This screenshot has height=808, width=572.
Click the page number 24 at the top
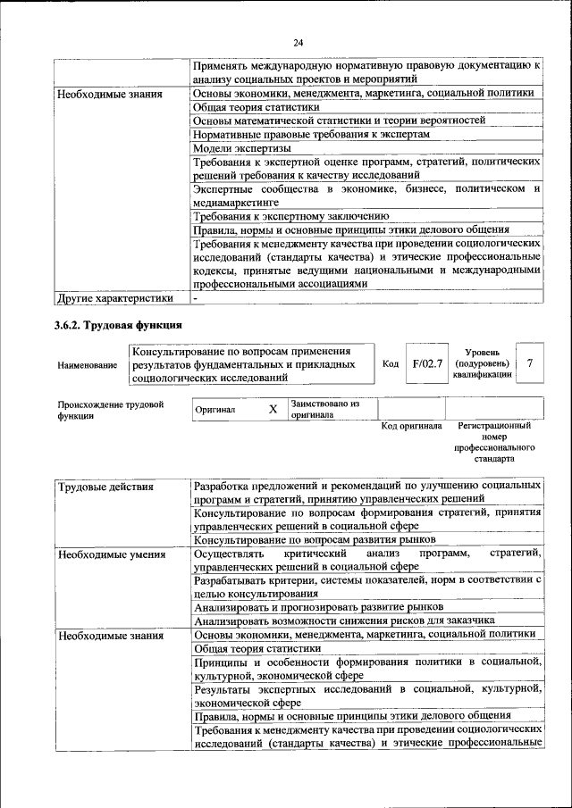pos(299,42)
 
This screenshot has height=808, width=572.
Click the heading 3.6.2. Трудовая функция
pos(118,324)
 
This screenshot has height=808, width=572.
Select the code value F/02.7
pos(427,363)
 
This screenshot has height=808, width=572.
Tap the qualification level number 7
pos(530,363)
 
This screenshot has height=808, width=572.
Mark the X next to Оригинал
pos(273,409)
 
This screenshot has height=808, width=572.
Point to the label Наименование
pos(87,365)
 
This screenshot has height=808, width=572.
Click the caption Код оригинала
pos(411,426)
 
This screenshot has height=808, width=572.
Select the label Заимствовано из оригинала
pos(324,409)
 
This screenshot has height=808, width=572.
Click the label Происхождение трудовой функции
pos(110,410)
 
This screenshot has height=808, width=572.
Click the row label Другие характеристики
pos(114,297)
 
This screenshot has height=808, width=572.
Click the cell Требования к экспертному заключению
pos(290,215)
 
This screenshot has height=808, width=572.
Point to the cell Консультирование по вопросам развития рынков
pos(315,540)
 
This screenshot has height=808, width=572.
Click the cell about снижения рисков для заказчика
pos(344,621)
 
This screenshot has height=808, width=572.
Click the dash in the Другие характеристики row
pos(195,297)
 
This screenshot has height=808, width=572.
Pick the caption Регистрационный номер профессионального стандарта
pos(494,442)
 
